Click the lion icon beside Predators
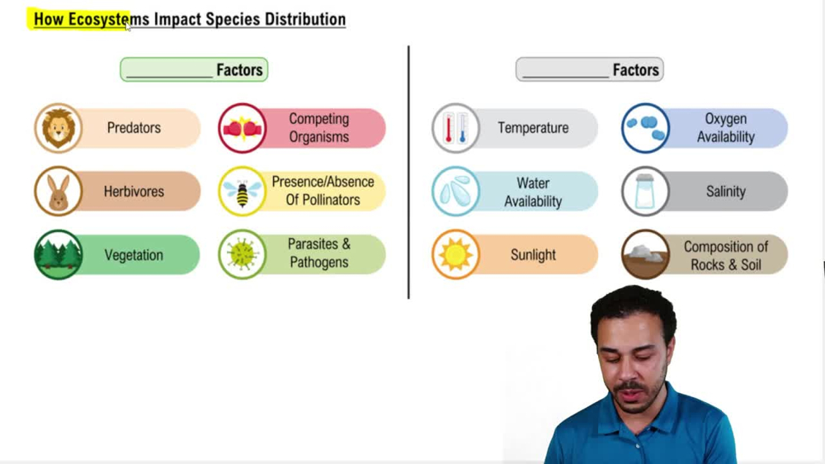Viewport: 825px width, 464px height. point(58,128)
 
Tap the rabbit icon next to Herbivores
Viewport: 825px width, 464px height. point(58,192)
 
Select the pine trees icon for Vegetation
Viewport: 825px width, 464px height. point(58,254)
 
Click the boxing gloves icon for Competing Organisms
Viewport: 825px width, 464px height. point(242,128)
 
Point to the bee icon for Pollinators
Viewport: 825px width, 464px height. point(242,192)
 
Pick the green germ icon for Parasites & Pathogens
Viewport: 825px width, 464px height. point(242,254)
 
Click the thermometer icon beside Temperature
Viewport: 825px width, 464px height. point(455,128)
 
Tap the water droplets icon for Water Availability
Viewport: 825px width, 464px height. point(455,192)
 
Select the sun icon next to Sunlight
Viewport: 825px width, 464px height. point(455,254)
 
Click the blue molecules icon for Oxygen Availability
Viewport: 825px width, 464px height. point(645,128)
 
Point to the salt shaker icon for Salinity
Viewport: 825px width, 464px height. point(645,192)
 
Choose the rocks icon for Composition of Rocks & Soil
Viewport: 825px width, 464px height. point(645,254)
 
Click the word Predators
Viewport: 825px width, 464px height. point(134,128)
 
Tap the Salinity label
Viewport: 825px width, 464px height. point(725,192)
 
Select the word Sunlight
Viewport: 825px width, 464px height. point(533,254)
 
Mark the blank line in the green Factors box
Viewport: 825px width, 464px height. point(169,74)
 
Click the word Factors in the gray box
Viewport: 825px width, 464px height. point(635,70)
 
